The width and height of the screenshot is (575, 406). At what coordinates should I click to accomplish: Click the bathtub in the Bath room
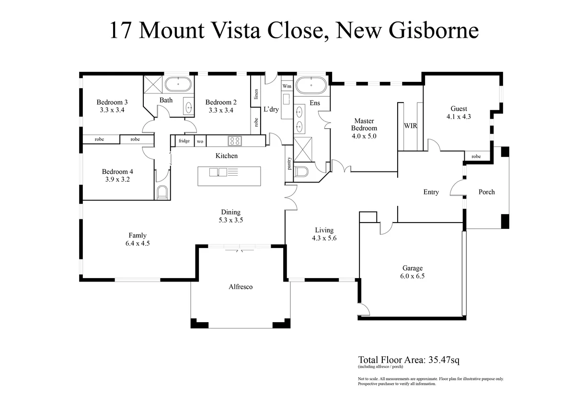(179, 85)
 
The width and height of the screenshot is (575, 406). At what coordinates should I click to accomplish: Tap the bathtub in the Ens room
(311, 86)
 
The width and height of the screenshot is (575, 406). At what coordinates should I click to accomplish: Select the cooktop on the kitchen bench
(235, 141)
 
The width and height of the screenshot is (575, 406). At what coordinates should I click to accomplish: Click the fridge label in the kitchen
(184, 141)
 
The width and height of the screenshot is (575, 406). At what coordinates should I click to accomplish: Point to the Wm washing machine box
(287, 86)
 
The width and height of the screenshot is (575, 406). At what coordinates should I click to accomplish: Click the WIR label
(410, 126)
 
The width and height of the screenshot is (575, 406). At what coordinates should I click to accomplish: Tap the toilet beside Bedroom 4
(161, 192)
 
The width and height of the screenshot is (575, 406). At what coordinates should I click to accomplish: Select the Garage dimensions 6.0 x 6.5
(412, 276)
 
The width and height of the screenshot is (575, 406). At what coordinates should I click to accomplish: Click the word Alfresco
(240, 287)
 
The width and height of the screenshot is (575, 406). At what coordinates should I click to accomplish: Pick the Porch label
(486, 192)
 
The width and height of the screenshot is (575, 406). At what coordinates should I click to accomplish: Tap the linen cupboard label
(256, 94)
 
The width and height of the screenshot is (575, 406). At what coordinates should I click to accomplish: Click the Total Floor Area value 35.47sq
(442, 360)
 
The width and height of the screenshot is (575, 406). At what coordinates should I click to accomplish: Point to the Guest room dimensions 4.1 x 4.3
(459, 116)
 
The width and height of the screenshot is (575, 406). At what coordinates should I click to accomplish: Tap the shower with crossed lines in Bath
(154, 86)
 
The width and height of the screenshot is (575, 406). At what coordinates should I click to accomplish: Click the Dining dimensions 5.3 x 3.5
(230, 220)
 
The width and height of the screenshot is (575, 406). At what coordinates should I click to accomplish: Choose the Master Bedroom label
(364, 124)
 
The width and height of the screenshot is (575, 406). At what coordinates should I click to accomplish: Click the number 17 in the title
(121, 31)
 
